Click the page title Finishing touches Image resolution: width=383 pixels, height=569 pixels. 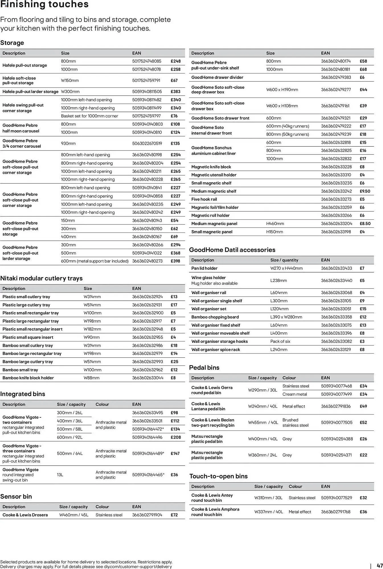[44, 5]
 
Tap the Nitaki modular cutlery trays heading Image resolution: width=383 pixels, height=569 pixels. [41, 278]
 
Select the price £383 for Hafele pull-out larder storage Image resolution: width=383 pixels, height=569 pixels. [175, 92]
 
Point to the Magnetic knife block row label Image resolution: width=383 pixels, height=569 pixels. [211, 167]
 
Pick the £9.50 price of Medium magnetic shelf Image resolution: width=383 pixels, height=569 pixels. [365, 191]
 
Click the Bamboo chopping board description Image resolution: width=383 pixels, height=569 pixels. [215, 317]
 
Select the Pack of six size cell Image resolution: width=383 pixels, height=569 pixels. [280, 341]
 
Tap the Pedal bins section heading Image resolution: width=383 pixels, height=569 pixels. [204, 368]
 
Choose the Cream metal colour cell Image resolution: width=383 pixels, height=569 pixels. [294, 394]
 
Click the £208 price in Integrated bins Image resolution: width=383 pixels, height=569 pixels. [176, 437]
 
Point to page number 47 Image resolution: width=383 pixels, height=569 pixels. [380, 566]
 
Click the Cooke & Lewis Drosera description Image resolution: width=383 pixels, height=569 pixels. [25, 515]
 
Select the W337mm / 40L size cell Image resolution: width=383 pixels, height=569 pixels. [269, 512]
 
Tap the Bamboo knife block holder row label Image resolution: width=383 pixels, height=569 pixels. [28, 378]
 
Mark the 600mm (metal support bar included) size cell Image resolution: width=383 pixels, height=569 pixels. [95, 261]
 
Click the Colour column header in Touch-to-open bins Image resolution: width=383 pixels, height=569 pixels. [295, 486]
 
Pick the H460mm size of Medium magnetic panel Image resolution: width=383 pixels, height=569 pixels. [275, 224]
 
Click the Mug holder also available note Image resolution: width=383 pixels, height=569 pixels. [214, 283]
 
